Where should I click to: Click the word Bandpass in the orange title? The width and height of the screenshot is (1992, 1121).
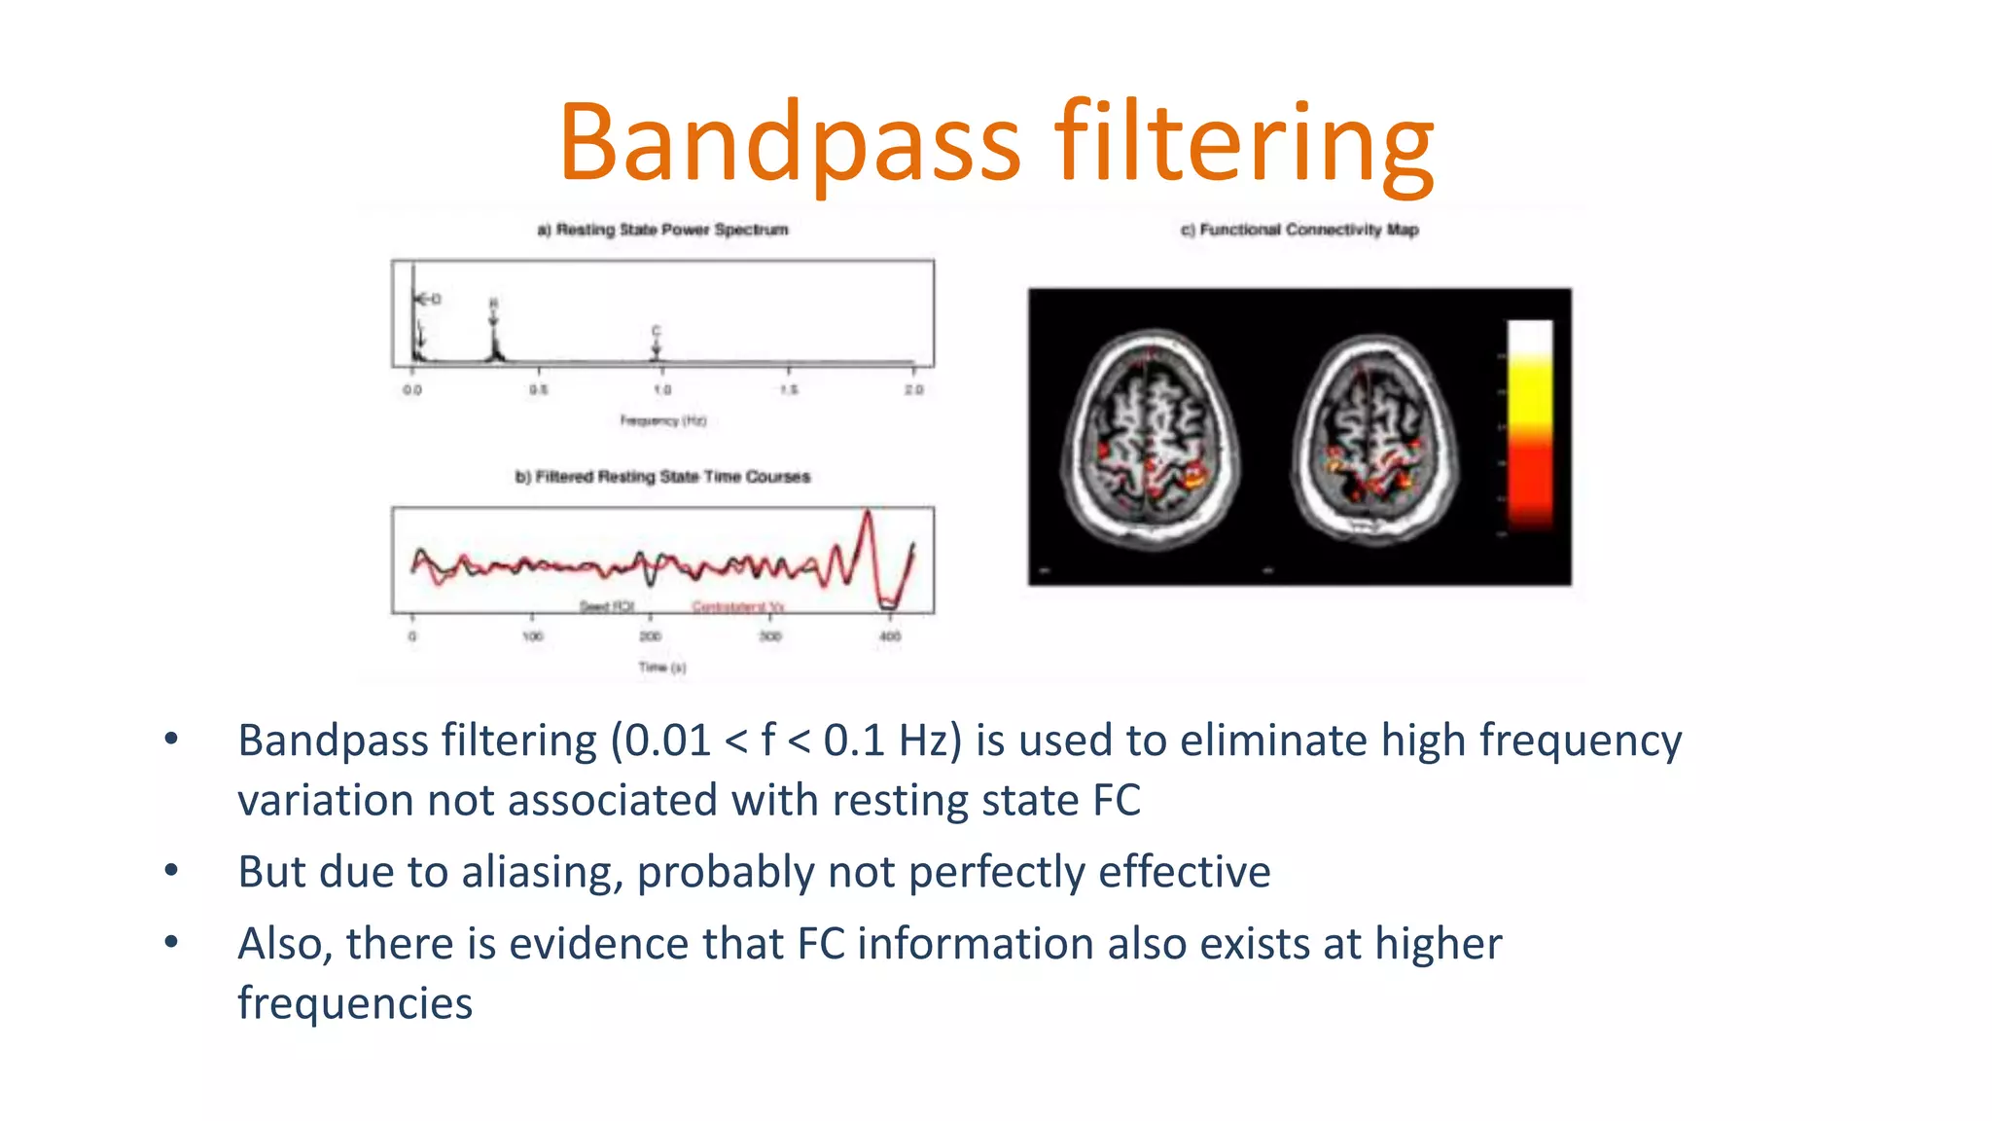pyautogui.click(x=789, y=143)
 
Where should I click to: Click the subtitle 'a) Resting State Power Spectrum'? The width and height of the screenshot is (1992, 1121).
pyautogui.click(x=662, y=230)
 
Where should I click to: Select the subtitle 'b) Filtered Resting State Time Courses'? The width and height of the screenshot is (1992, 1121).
pyautogui.click(x=662, y=477)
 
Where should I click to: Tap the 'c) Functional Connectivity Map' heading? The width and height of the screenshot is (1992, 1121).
pyautogui.click(x=1299, y=230)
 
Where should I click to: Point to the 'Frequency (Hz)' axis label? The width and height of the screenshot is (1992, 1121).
pyautogui.click(x=662, y=420)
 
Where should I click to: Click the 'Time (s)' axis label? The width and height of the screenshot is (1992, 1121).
pyautogui.click(x=661, y=668)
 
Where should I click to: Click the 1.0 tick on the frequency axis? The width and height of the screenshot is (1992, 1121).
pyautogui.click(x=661, y=390)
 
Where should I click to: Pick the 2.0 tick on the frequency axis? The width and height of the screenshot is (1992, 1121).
pyautogui.click(x=913, y=390)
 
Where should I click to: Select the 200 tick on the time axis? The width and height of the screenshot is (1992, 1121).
pyautogui.click(x=650, y=636)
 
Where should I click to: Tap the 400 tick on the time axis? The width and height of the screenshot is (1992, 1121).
pyautogui.click(x=890, y=636)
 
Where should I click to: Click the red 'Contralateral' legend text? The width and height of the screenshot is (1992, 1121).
pyautogui.click(x=737, y=607)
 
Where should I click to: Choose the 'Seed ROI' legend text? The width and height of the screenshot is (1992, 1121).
pyautogui.click(x=607, y=607)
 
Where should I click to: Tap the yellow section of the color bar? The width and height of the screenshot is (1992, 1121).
pyautogui.click(x=1530, y=389)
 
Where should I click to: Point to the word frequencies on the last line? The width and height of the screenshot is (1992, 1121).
pyautogui.click(x=355, y=1003)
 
